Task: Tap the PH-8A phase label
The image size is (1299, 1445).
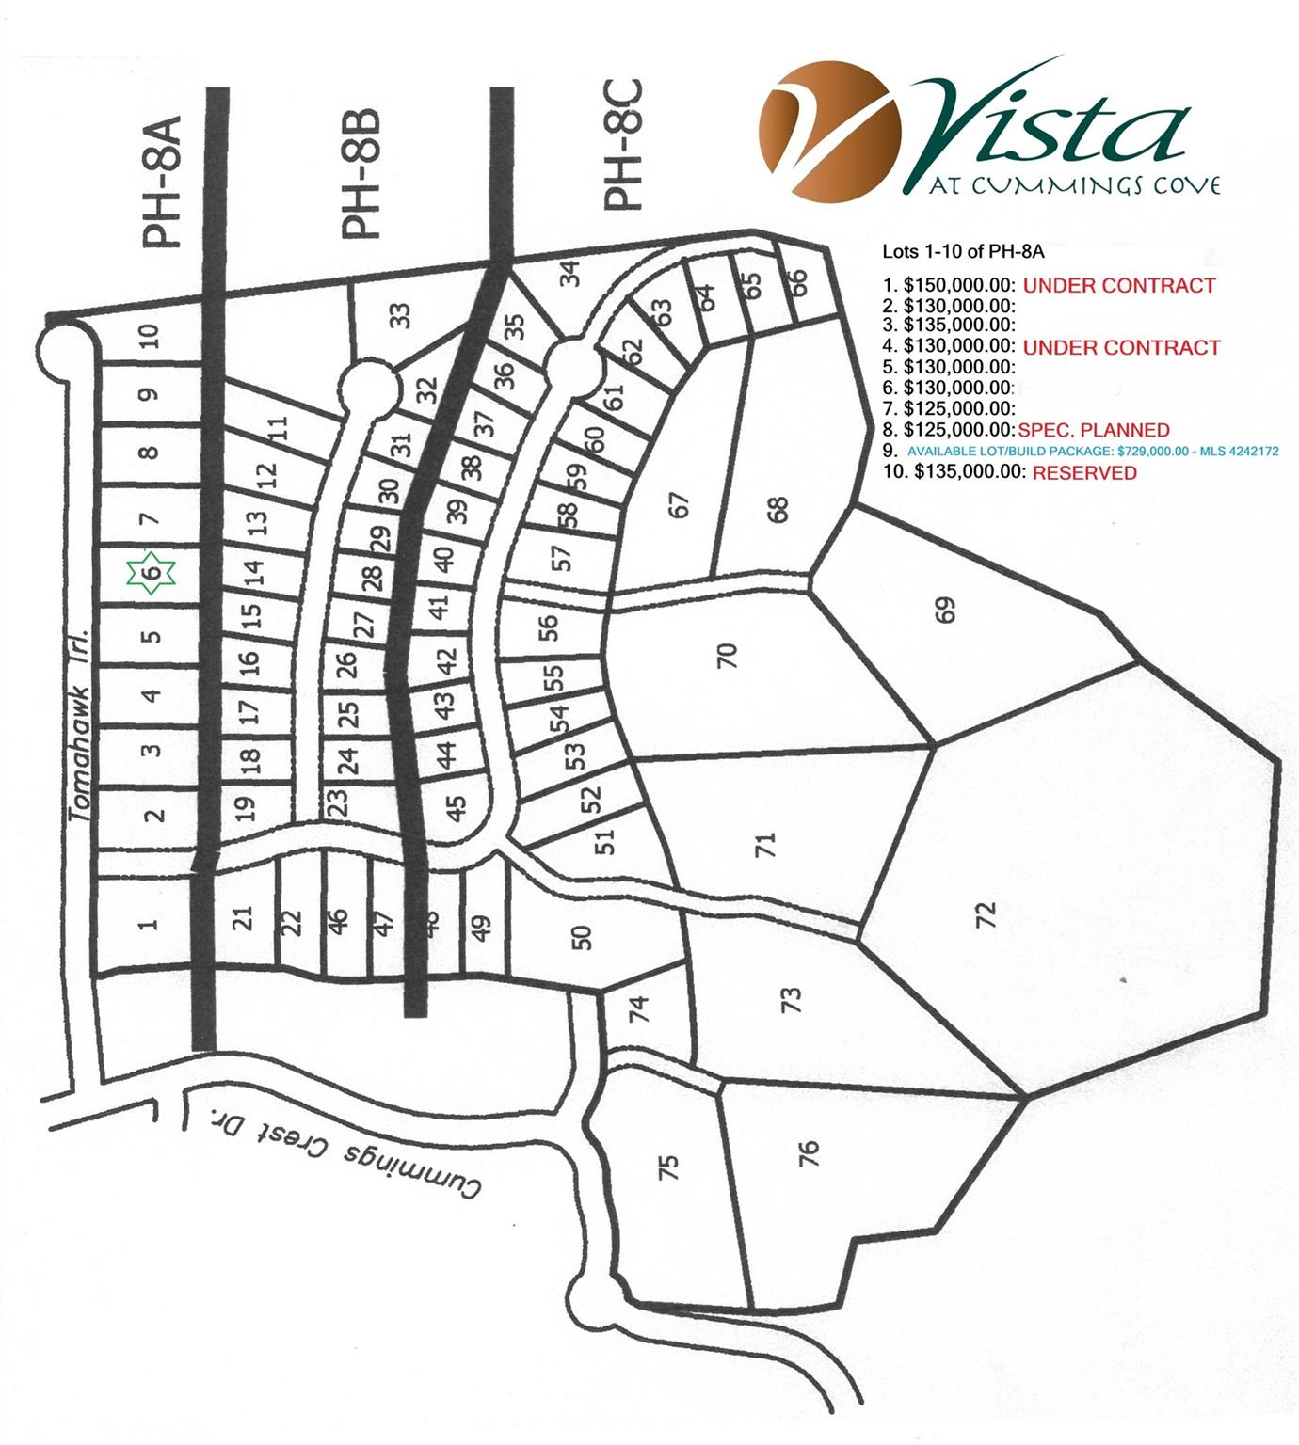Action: coord(162,189)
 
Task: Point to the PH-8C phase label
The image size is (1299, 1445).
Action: coord(622,145)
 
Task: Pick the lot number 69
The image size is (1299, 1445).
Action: coord(946,610)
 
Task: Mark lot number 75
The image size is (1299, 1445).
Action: coord(667,1167)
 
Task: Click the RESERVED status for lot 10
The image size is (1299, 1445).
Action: coord(1084,473)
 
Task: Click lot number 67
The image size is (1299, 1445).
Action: coord(680,505)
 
